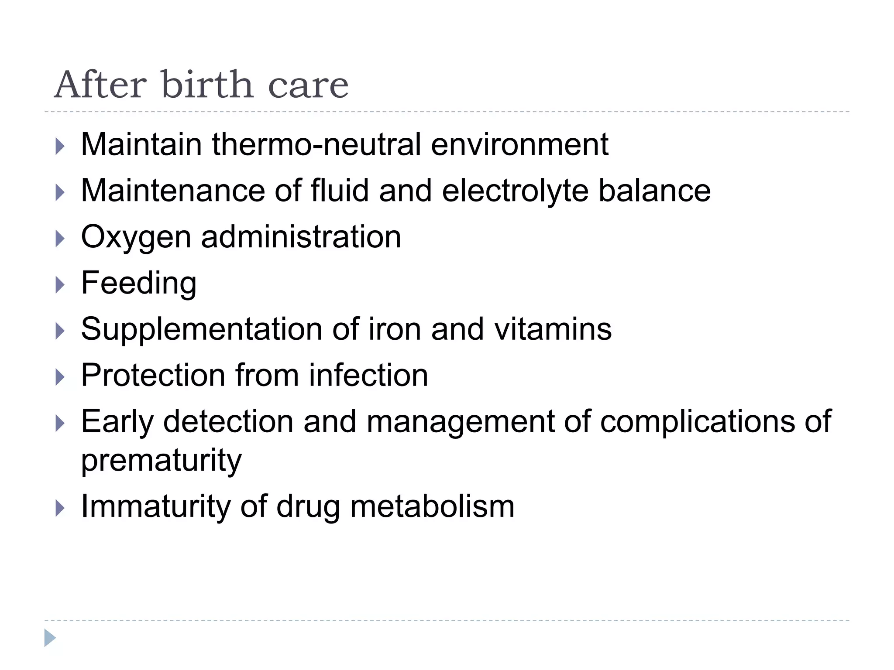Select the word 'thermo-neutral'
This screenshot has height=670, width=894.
point(316,144)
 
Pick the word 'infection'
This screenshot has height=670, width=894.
point(368,375)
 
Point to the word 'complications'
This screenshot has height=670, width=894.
point(697,422)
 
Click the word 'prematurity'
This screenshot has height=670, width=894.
point(161,461)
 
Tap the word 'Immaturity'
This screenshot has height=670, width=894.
point(155,507)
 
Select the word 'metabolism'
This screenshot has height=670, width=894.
point(432,507)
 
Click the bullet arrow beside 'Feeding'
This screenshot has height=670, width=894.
point(60,285)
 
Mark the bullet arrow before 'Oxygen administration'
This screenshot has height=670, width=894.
point(60,239)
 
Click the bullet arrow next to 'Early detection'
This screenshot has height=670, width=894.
point(60,423)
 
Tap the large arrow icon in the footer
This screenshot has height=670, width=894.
point(50,638)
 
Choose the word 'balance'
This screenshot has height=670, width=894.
point(654,191)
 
